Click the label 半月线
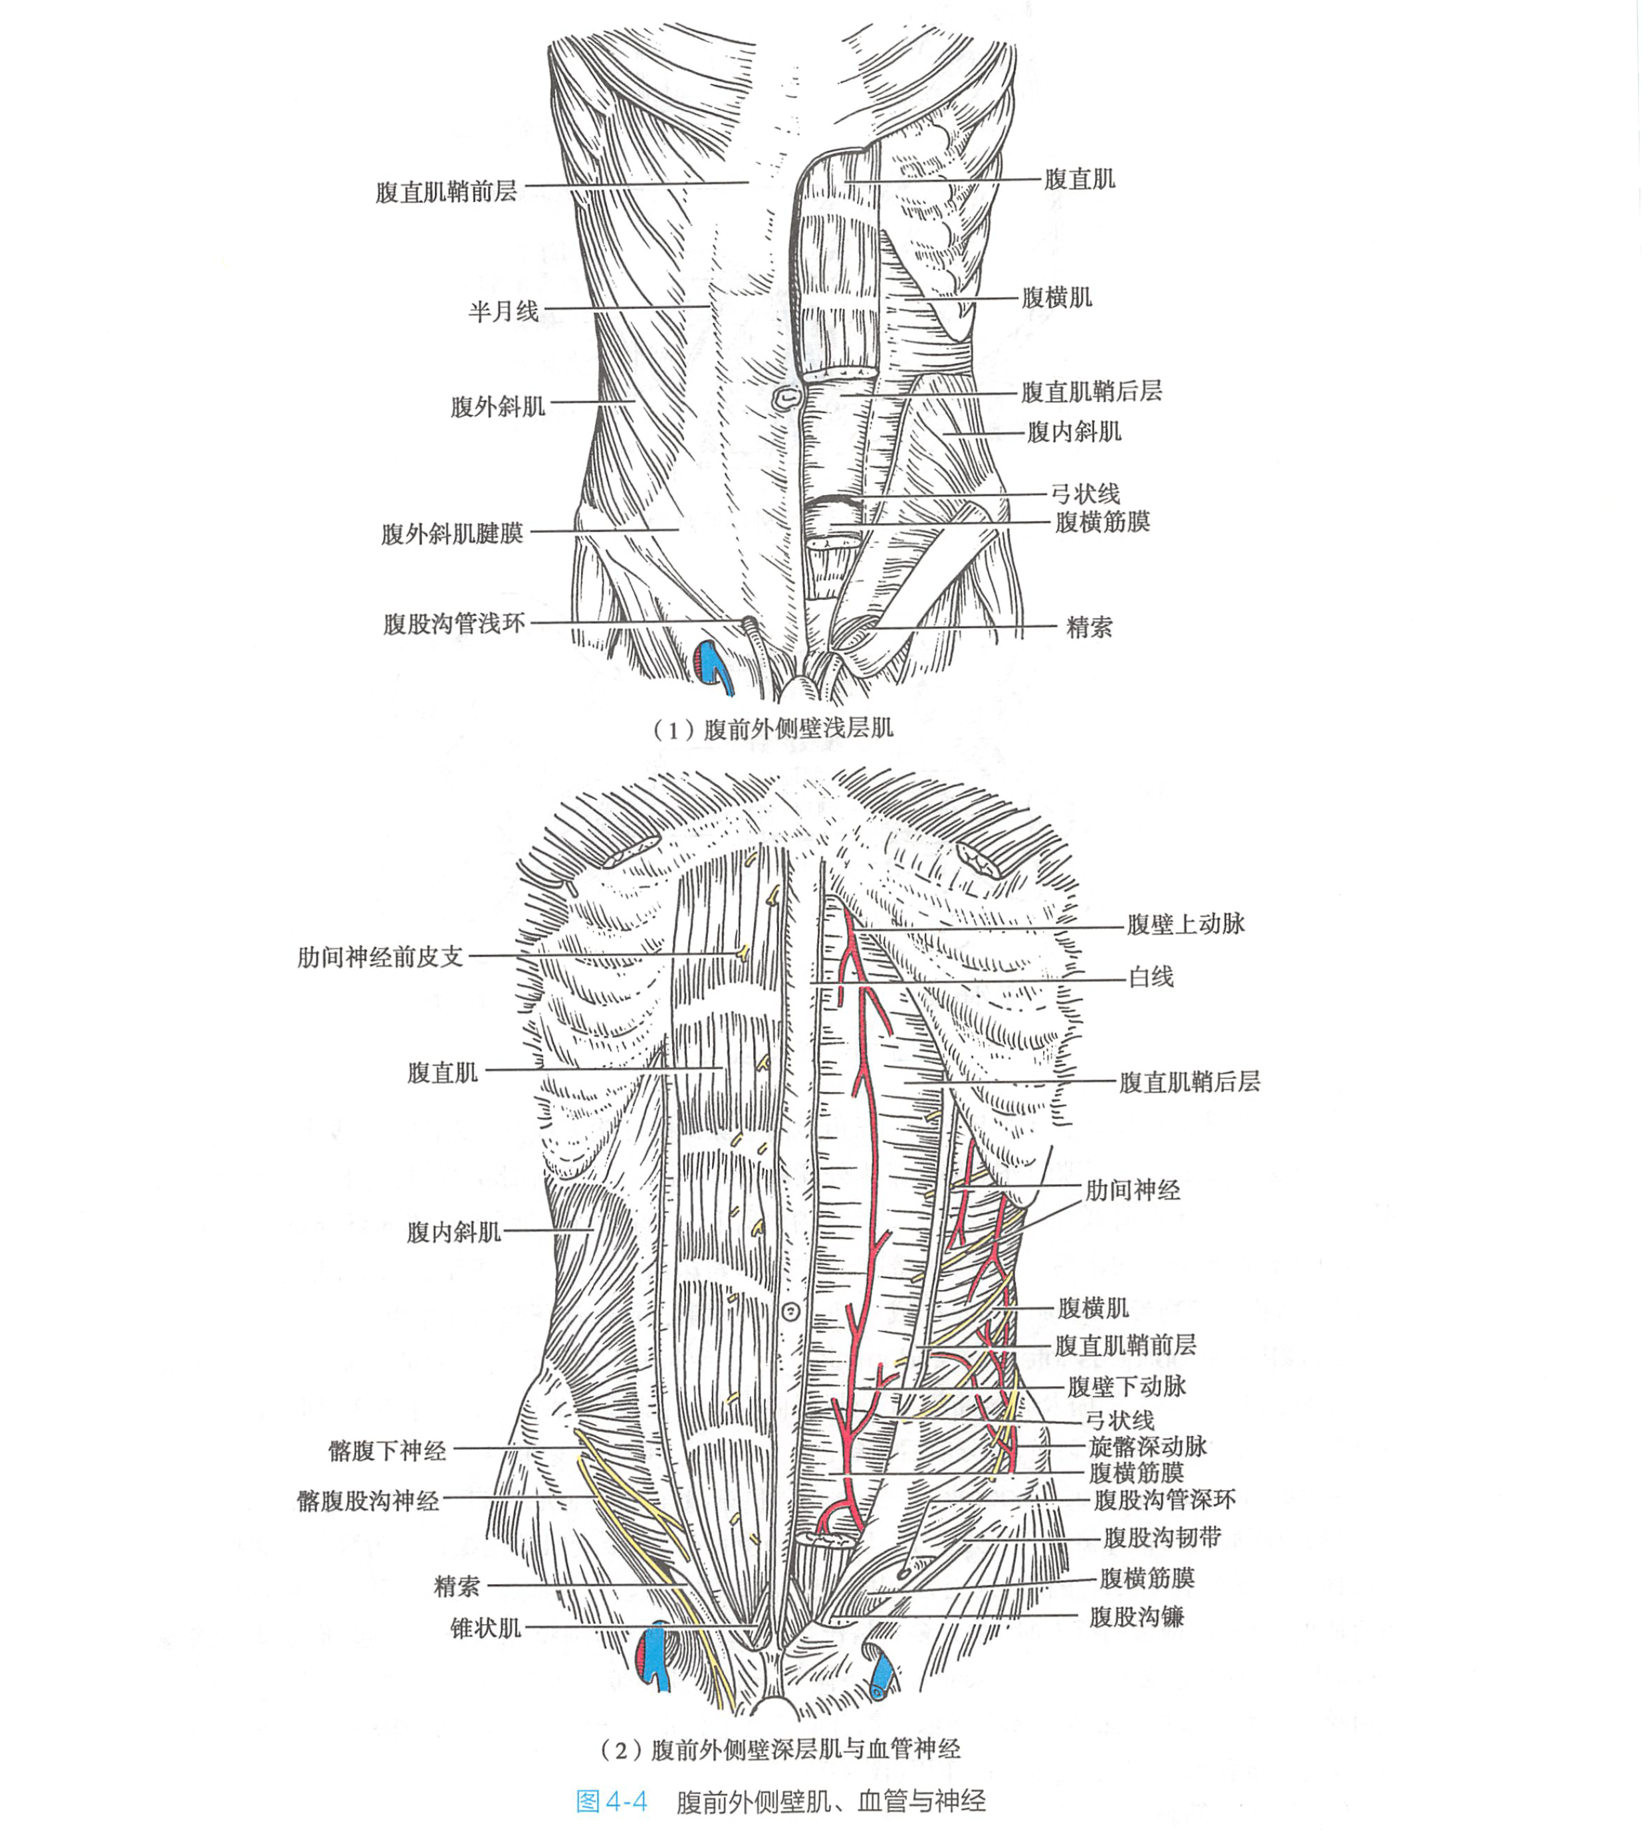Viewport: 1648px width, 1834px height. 503,312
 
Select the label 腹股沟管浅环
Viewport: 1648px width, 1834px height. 453,624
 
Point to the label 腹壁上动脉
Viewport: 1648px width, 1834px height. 1185,924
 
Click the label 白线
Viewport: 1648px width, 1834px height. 1150,977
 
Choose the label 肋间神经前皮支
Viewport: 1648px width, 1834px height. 380,957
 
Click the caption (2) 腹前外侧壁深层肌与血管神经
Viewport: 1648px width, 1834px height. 780,1750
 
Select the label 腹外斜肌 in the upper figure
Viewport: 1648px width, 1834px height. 498,407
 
